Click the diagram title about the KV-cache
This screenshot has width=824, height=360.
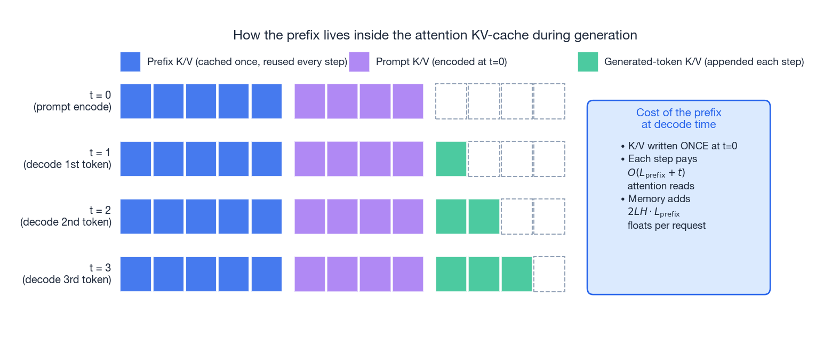pyautogui.click(x=435, y=35)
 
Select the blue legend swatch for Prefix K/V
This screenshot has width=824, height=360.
pyautogui.click(x=130, y=62)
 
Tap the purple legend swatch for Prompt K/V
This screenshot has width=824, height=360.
pyautogui.click(x=359, y=62)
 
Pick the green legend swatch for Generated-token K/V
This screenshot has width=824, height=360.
pyautogui.click(x=588, y=62)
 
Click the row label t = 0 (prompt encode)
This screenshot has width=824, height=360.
pyautogui.click(x=73, y=101)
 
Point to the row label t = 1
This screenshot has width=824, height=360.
pyautogui.click(x=67, y=158)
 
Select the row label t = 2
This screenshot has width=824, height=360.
pyautogui.click(x=66, y=216)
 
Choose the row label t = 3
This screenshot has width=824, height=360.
pyautogui.click(x=67, y=274)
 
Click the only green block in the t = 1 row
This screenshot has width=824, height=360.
pyautogui.click(x=451, y=159)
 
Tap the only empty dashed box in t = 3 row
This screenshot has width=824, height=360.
pyautogui.click(x=549, y=274)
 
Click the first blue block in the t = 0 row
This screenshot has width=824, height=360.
pyautogui.click(x=136, y=101)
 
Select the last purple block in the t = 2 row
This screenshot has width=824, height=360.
pyautogui.click(x=408, y=217)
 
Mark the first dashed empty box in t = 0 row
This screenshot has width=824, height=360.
pyautogui.click(x=451, y=101)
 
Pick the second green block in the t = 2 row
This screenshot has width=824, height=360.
pyautogui.click(x=484, y=217)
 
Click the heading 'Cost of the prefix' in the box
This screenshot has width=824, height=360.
pyautogui.click(x=678, y=113)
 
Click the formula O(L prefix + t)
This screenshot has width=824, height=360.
pyautogui.click(x=656, y=173)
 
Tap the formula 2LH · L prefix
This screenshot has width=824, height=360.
pyautogui.click(x=653, y=212)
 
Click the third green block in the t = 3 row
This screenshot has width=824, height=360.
pyautogui.click(x=516, y=274)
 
